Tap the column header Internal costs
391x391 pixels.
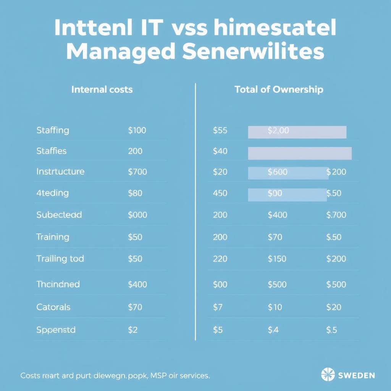(102, 89)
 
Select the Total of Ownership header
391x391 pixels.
(279, 89)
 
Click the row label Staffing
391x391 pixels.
(53, 130)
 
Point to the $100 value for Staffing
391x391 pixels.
(137, 130)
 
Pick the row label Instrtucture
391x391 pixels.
(60, 171)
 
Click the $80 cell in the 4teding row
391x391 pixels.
(135, 193)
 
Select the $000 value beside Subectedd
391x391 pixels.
(137, 215)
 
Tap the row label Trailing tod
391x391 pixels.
(60, 259)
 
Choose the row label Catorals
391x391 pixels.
(53, 307)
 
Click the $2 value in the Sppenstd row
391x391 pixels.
(132, 330)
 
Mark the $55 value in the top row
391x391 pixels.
(220, 131)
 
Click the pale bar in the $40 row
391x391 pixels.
(300, 153)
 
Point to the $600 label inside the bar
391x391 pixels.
(278, 172)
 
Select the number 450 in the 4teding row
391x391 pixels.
(220, 193)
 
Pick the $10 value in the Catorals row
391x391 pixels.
(275, 307)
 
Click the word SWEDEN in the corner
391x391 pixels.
(357, 375)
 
